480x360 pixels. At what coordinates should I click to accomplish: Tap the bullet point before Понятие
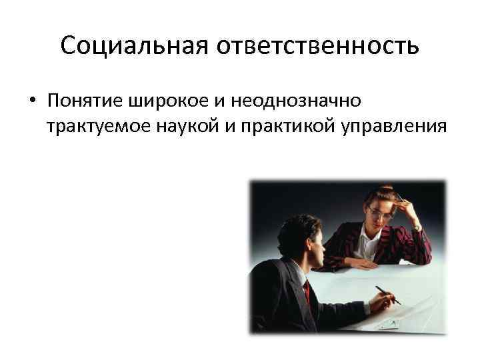pyautogui.click(x=31, y=101)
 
